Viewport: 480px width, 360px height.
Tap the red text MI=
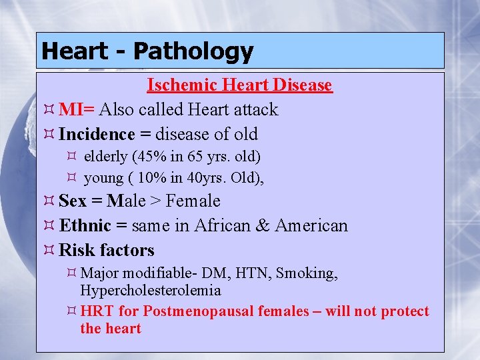click(x=77, y=109)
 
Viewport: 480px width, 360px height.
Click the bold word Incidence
click(x=97, y=134)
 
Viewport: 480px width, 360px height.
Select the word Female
click(x=193, y=201)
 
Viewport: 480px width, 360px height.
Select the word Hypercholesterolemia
click(x=150, y=291)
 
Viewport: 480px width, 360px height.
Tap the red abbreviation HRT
click(x=96, y=311)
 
